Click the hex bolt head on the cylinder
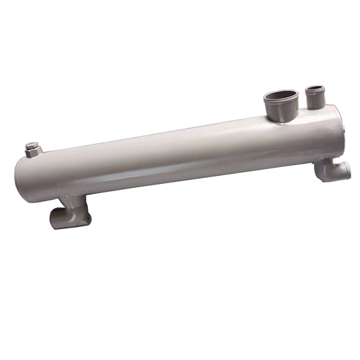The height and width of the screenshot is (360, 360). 33,148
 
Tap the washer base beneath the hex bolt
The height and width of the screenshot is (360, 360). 33,154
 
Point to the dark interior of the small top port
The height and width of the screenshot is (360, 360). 316,88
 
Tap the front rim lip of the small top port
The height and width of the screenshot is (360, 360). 316,92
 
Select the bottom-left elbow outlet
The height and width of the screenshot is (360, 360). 69,212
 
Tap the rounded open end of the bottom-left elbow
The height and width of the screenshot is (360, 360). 58,218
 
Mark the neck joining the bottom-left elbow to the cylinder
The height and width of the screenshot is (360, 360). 77,200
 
